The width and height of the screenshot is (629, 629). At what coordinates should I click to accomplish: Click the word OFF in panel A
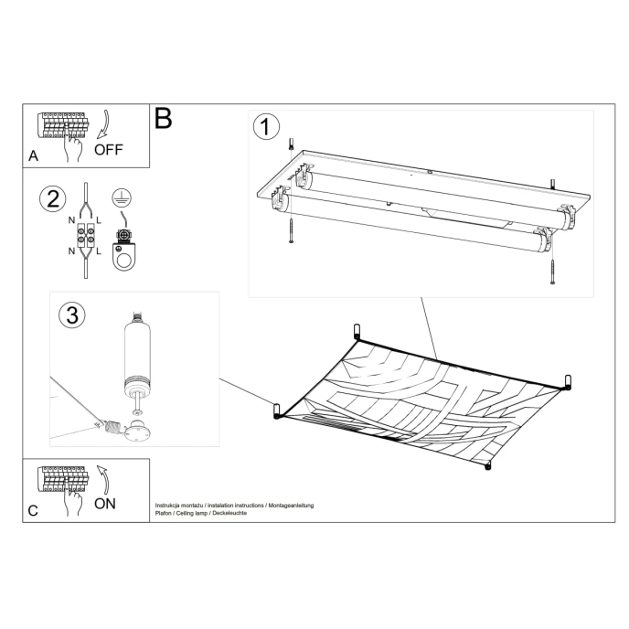108,150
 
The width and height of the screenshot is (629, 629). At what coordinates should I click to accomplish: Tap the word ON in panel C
105,504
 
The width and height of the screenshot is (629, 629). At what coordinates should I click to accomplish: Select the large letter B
164,118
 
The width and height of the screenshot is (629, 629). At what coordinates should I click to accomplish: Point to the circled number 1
265,127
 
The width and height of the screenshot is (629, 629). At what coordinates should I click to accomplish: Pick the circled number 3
72,315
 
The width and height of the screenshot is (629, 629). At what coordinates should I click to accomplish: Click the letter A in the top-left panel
34,156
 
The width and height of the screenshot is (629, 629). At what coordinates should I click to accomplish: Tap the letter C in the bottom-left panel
33,511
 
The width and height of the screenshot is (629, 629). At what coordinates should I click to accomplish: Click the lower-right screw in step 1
552,272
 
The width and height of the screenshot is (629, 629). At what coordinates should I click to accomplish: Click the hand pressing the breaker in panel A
74,146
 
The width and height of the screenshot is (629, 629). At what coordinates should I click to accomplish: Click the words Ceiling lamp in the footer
193,513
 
